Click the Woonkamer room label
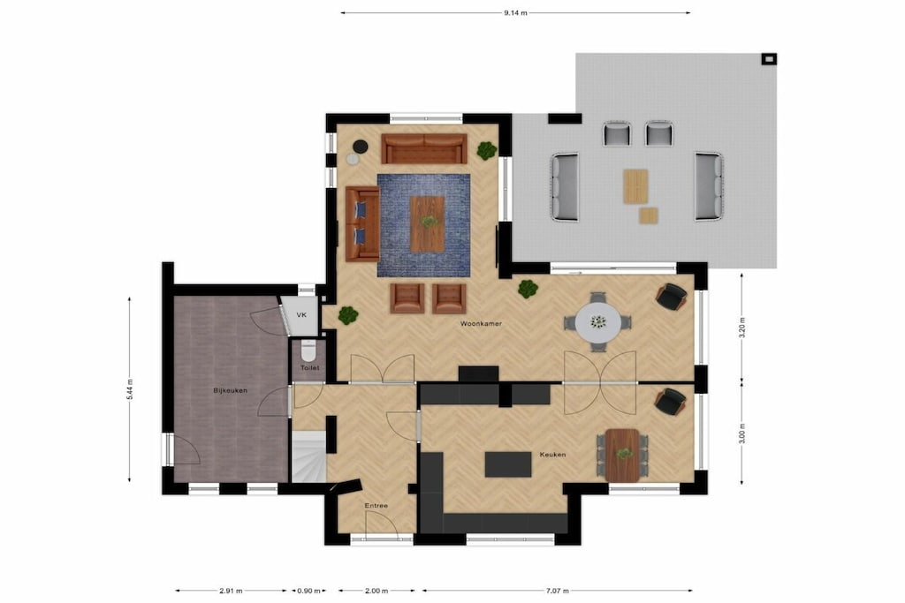(x=481, y=324)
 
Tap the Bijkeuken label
(x=231, y=390)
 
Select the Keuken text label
(x=552, y=455)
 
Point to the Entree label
(x=376, y=506)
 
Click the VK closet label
(x=301, y=315)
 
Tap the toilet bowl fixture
(x=308, y=350)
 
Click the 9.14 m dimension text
(x=515, y=12)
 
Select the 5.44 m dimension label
(x=130, y=388)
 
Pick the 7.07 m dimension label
(x=557, y=591)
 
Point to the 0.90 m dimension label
(x=308, y=591)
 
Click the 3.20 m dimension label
(x=742, y=327)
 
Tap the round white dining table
(x=598, y=321)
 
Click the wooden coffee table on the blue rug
(x=427, y=223)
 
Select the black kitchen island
(x=508, y=464)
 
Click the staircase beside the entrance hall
(x=308, y=457)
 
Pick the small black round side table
(x=361, y=147)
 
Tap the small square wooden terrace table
(x=648, y=215)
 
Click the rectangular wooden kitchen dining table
(x=622, y=455)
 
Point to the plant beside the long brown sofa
(x=487, y=150)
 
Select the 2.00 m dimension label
(x=376, y=591)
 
